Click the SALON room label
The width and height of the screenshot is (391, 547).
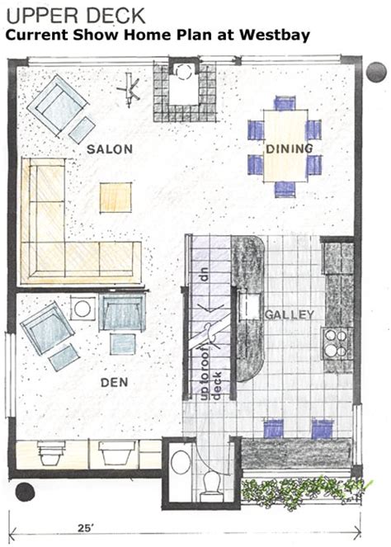(x=105, y=149)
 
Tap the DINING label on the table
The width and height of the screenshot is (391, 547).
(x=289, y=149)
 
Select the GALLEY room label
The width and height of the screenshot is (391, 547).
(x=288, y=314)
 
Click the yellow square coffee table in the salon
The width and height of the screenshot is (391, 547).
(x=115, y=196)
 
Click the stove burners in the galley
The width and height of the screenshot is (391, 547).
(x=335, y=342)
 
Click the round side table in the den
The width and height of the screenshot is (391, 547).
(x=81, y=309)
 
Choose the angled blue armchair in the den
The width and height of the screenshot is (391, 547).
(x=49, y=328)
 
